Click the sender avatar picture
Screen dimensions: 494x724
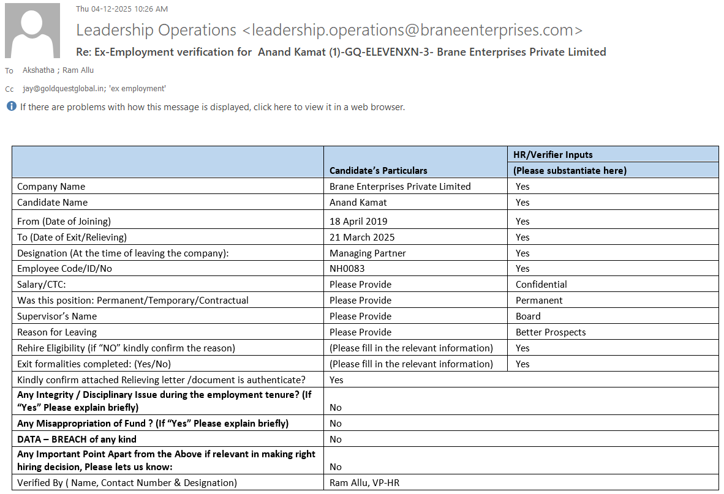32,31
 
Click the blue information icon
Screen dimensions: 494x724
11,107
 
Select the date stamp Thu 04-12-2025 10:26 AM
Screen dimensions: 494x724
122,9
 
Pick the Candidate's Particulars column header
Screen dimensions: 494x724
379,171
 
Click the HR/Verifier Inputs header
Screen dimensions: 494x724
552,154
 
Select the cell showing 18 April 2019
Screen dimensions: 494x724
358,222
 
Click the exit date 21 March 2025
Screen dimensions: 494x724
362,238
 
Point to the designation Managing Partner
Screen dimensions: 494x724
368,253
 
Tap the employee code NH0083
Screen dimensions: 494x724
347,269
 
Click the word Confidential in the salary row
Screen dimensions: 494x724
541,285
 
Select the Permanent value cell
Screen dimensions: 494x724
539,301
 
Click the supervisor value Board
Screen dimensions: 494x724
528,316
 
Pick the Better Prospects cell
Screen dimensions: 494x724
551,332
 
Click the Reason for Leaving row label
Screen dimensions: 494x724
57,332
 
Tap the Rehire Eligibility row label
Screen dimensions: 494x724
126,348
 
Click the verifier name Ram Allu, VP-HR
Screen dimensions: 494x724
364,483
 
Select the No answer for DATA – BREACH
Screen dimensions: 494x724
336,440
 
